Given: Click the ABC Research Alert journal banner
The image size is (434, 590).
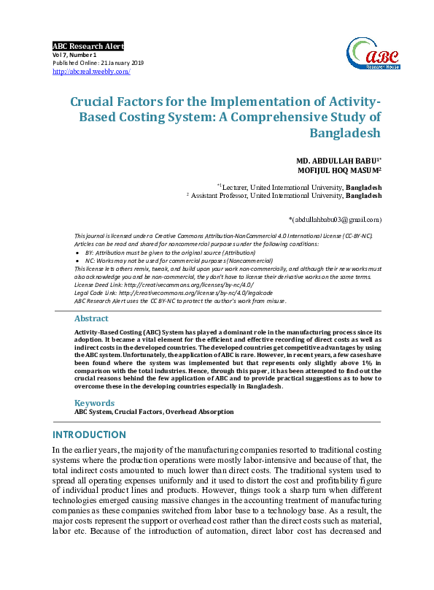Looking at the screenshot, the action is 88,46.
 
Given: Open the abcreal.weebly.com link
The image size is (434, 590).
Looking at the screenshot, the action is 91,72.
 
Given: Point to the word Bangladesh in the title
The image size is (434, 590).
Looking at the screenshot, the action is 346,134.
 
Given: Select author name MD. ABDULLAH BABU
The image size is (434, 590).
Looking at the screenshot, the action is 336,160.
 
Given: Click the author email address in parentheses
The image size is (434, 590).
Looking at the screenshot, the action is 335,218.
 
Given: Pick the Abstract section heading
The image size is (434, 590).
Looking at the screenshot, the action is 91,318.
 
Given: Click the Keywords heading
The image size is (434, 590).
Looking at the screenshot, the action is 94,403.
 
